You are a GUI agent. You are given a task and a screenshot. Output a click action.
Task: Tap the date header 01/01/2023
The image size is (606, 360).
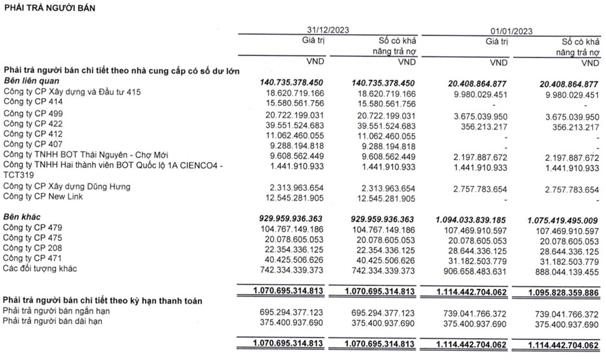(510, 30)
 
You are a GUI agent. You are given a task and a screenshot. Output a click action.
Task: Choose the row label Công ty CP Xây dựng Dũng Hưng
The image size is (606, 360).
(68, 186)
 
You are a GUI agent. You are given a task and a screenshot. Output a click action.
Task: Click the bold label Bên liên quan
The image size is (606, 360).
(32, 81)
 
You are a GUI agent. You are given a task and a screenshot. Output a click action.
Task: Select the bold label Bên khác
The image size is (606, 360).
(23, 217)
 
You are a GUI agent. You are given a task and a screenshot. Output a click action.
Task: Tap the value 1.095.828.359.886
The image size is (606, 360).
(560, 292)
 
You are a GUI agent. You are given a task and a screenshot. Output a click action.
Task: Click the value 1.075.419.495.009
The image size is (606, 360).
(560, 218)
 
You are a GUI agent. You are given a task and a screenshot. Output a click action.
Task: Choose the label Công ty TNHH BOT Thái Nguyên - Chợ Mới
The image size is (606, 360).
(93, 155)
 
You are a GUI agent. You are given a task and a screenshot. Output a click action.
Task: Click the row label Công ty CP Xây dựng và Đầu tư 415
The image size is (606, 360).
(72, 92)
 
